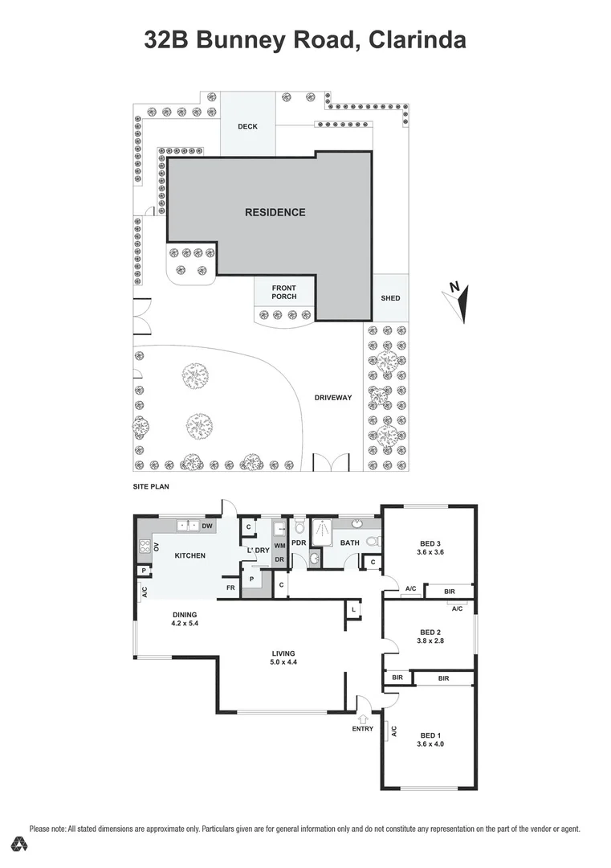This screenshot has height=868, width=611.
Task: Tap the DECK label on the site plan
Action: click(247, 127)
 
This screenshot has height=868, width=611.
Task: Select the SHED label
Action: click(390, 298)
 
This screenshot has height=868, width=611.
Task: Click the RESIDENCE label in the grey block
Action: click(275, 212)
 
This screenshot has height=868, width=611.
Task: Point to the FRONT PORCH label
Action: click(283, 293)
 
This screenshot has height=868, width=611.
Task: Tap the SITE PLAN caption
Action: click(151, 487)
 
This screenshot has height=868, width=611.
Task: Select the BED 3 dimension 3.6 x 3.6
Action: click(430, 551)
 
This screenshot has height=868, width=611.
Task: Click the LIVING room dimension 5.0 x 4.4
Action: click(283, 662)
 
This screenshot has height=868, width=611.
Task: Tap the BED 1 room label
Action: click(430, 735)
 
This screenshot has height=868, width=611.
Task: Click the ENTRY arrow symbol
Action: click(362, 718)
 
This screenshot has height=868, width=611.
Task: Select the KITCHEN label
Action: click(190, 555)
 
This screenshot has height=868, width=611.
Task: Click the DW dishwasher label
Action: click(206, 526)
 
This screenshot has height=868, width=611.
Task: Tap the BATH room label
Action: click(349, 543)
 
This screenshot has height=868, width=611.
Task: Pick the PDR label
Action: click(299, 543)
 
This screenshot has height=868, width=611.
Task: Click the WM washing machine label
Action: click(279, 546)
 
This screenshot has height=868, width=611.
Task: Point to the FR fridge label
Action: click(230, 588)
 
